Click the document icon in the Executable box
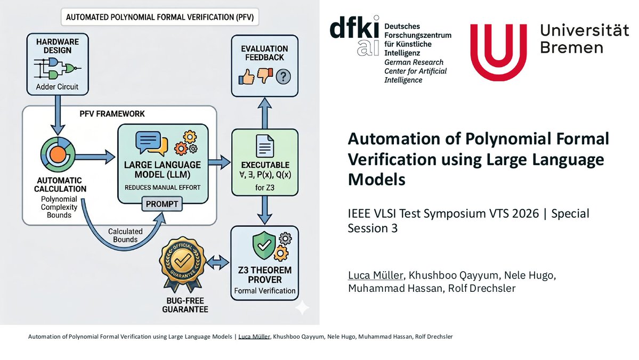pos(265,145)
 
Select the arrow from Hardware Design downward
pos(56,118)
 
